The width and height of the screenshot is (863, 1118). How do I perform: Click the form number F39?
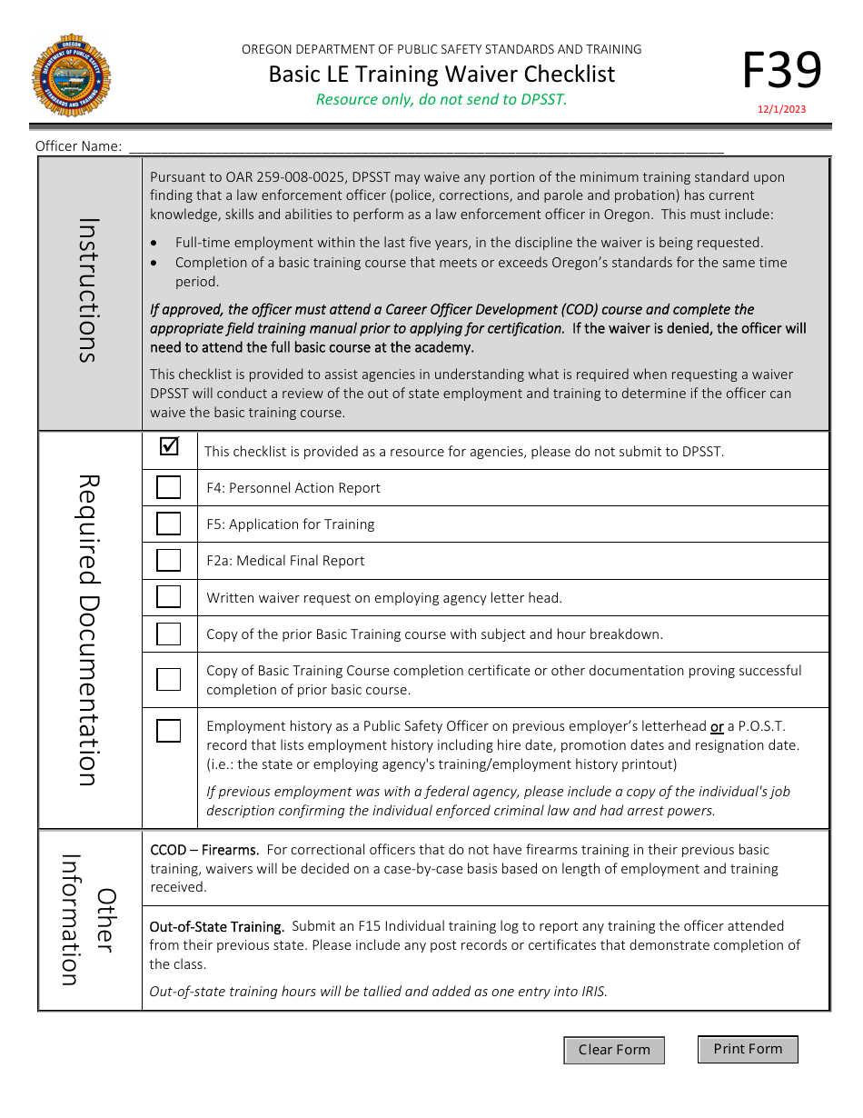point(782,70)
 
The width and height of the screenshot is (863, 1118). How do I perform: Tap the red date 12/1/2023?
point(782,110)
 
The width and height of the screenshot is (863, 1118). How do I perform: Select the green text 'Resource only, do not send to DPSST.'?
point(441,100)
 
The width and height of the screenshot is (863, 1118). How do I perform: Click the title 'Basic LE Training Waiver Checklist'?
point(441,75)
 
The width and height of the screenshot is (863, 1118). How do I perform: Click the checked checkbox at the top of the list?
point(169,447)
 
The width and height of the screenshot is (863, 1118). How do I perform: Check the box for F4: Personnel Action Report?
point(169,488)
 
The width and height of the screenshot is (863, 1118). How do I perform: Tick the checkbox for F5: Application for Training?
point(169,524)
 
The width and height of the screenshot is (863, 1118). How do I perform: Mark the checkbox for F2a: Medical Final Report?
point(169,561)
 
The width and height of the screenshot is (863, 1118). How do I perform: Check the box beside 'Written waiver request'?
point(169,597)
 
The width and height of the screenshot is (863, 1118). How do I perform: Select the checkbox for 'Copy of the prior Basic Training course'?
point(169,634)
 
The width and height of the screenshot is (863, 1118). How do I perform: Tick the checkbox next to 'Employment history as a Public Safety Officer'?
point(169,731)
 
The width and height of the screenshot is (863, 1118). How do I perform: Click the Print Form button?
point(748,1049)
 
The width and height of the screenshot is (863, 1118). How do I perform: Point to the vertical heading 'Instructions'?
point(87,290)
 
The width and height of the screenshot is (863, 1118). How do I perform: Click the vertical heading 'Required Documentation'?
point(87,630)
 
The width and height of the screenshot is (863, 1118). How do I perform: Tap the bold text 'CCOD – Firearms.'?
point(204,850)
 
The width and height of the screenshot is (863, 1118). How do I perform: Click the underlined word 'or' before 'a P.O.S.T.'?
point(717,726)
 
